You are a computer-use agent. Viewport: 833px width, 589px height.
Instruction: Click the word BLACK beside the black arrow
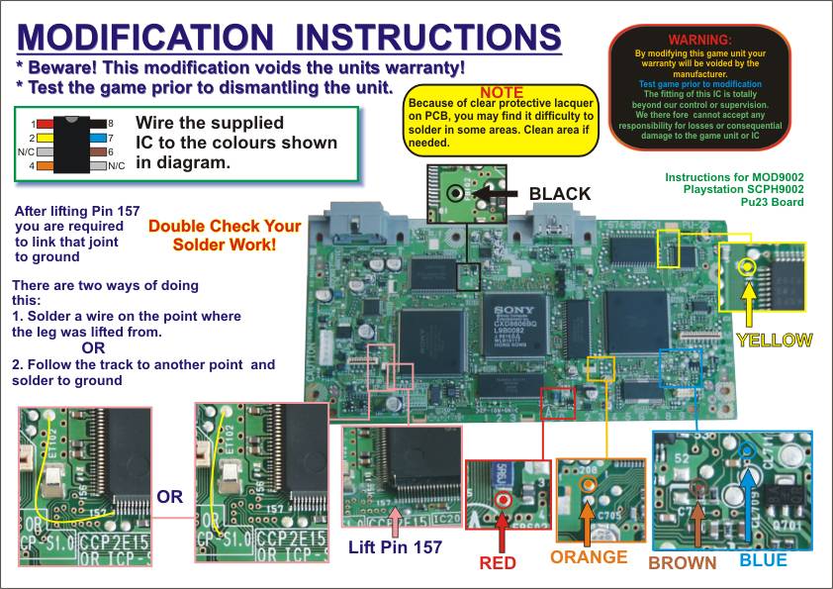560,194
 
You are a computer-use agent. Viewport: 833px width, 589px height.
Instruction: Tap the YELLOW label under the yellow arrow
775,341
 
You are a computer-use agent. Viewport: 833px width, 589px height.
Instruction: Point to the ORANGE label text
589,557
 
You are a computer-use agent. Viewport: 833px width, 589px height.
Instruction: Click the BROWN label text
682,562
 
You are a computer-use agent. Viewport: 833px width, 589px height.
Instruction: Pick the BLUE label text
764,560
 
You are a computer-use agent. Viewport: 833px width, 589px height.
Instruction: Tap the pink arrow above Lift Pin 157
397,520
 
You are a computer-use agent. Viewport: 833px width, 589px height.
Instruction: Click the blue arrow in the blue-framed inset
748,494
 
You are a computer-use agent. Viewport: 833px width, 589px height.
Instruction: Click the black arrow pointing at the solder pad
497,194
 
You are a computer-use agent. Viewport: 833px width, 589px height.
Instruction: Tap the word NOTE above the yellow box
502,93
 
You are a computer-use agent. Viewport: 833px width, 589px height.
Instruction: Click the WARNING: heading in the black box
699,39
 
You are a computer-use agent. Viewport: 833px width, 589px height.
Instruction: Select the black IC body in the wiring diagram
68,145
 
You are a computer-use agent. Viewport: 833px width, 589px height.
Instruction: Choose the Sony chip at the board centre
513,336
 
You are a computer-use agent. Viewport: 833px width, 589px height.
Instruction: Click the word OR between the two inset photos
170,497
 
